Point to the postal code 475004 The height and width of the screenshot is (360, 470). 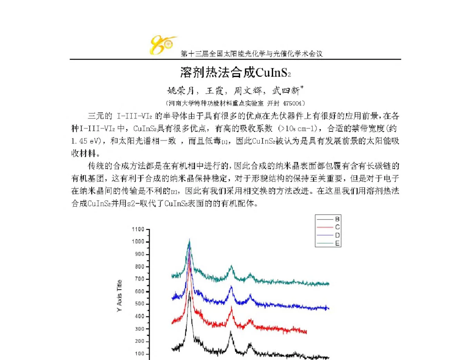pyautogui.click(x=293, y=103)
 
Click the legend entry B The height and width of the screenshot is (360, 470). pyautogui.click(x=337, y=219)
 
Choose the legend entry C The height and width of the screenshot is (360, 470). pyautogui.click(x=337, y=227)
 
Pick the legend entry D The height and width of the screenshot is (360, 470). pyautogui.click(x=337, y=235)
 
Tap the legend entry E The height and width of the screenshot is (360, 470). pyautogui.click(x=337, y=243)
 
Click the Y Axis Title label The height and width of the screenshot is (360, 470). pyautogui.click(x=120, y=295)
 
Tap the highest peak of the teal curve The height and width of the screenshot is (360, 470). pyautogui.click(x=190, y=239)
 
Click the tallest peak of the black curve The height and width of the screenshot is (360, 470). pyautogui.click(x=190, y=291)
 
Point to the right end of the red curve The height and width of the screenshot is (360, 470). pyautogui.click(x=306, y=333)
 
